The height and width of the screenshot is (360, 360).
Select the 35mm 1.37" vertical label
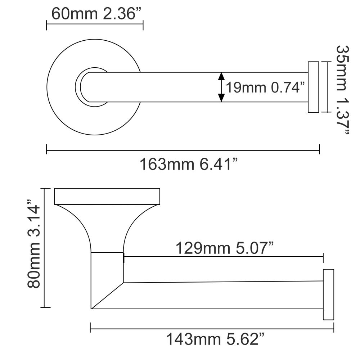(342, 90)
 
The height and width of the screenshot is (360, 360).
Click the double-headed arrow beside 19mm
(221, 87)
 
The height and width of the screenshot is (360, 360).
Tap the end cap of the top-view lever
(313, 87)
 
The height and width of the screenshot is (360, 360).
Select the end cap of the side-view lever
(328, 294)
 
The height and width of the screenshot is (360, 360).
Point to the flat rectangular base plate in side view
(107, 196)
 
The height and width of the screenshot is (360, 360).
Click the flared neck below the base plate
(107, 227)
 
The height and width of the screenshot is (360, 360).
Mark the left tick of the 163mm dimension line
(47, 149)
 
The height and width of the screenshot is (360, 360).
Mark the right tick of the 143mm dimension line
(334, 327)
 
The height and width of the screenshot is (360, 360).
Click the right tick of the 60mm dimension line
(143, 25)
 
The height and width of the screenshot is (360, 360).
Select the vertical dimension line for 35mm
(326, 87)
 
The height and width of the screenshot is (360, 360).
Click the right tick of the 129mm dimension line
(323, 257)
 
